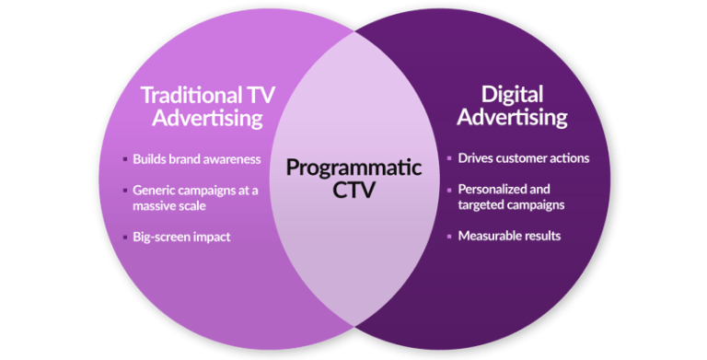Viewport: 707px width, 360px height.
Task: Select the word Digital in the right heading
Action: (x=513, y=94)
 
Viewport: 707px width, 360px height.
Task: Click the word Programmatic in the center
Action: (x=353, y=168)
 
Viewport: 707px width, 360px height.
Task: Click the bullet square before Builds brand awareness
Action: (x=125, y=159)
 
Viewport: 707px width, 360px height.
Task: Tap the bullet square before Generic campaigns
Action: (x=125, y=191)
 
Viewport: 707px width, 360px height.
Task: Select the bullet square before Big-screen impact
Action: (x=125, y=238)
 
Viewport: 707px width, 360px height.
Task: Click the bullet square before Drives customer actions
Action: (x=448, y=158)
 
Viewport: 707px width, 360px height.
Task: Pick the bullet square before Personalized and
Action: (x=448, y=190)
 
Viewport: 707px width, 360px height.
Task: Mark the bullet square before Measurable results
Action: (x=448, y=237)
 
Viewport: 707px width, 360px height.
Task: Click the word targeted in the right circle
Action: (x=482, y=205)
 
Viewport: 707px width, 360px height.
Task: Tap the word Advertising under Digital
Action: (x=513, y=118)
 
